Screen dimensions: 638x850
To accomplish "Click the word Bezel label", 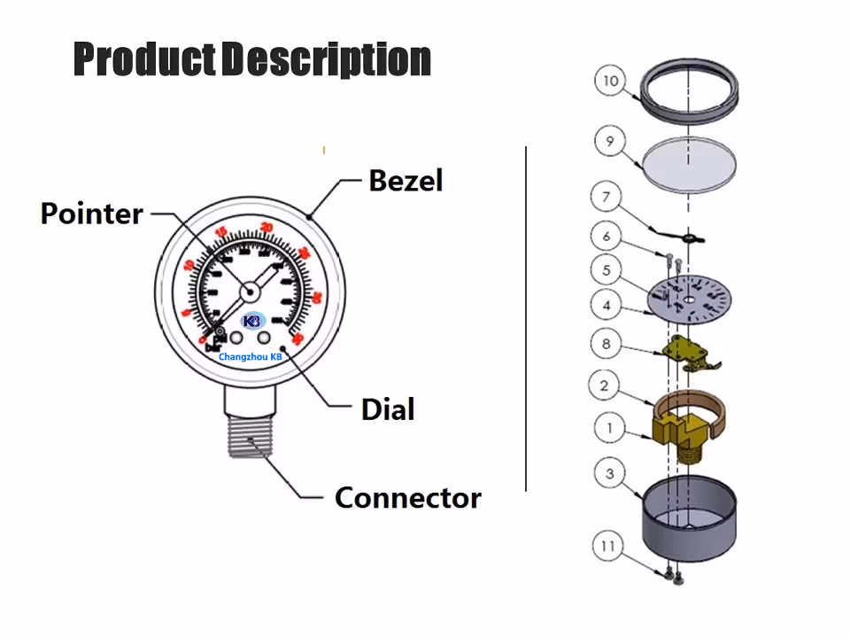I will tap(405, 181).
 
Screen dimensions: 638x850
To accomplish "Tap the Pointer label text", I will tap(92, 214).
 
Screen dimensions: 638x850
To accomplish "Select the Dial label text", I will tap(388, 409).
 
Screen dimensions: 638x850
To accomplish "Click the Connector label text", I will tap(407, 498).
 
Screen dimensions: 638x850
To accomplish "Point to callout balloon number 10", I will tap(610, 82).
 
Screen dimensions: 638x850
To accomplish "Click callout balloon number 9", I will tap(610, 140).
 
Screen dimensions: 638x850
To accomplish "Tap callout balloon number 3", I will tap(610, 474).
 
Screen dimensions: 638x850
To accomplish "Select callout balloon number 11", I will tap(607, 546).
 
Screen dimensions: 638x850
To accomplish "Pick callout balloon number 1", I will tap(610, 429).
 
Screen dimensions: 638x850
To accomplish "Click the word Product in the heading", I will tap(144, 58).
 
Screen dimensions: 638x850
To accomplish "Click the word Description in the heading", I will tap(326, 58).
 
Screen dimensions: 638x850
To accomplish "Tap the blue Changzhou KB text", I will tap(250, 356).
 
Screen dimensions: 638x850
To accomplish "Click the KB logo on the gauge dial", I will tap(251, 321).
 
